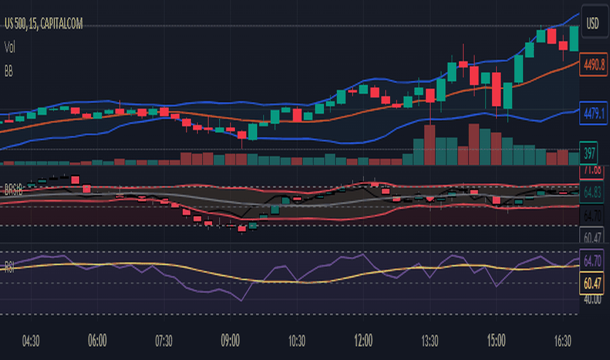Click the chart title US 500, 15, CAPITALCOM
45,24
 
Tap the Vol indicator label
10,46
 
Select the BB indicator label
9,69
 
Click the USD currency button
592,24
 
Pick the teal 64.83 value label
593,192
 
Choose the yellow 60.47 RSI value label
592,283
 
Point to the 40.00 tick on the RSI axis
592,299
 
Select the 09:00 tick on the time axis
230,341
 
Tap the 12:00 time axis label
363,341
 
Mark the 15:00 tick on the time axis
496,341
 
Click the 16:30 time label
562,341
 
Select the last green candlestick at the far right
574,38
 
